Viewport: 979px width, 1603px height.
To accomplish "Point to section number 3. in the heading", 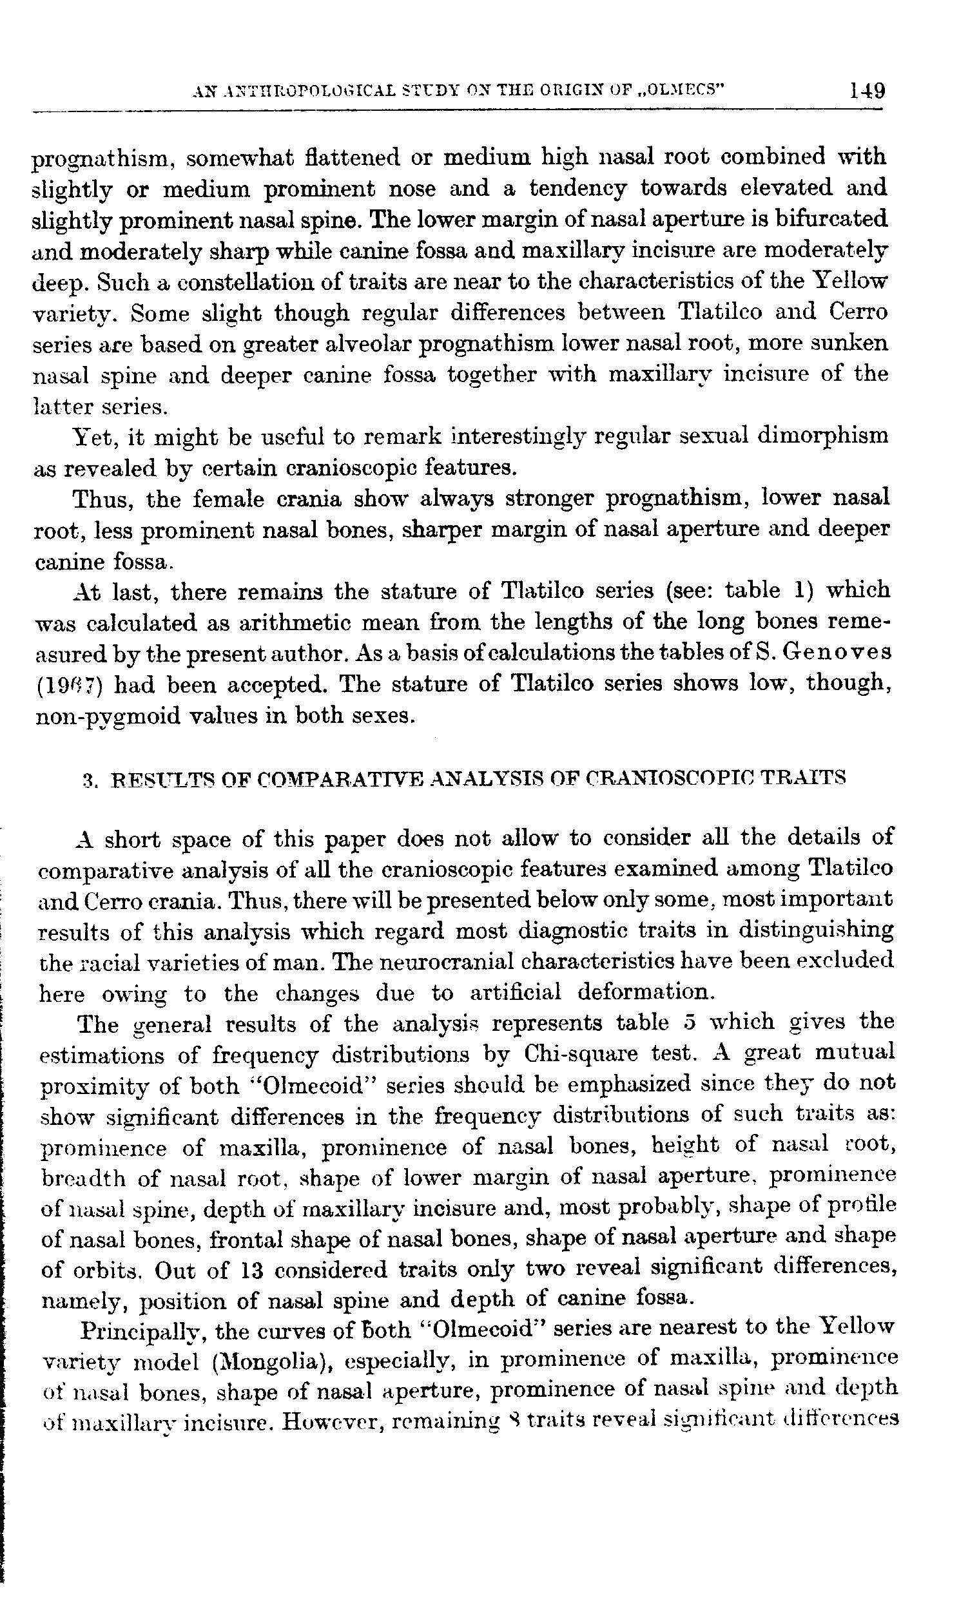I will point(90,779).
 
